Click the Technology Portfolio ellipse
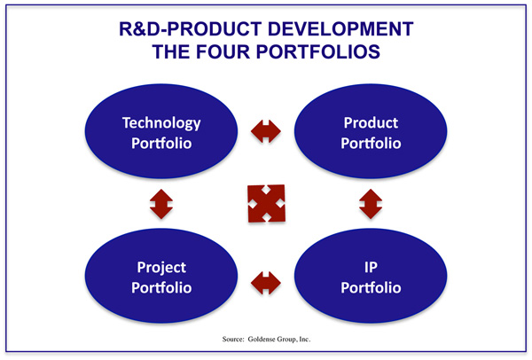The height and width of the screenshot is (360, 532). (161, 131)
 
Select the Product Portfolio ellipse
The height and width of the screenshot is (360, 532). (371, 131)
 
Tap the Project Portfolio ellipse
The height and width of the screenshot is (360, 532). (161, 276)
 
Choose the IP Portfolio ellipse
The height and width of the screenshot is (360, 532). (371, 276)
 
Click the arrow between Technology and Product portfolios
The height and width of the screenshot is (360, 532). (266, 131)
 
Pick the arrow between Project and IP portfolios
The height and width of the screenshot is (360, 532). (266, 283)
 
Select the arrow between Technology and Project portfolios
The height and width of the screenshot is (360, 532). (161, 204)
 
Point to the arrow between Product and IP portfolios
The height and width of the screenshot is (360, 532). (371, 204)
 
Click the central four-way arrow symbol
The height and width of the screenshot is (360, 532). (266, 204)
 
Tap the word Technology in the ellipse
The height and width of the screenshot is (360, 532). (161, 123)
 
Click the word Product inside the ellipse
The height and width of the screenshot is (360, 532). (371, 122)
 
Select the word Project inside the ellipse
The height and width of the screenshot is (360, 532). (161, 268)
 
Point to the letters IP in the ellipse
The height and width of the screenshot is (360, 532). (371, 268)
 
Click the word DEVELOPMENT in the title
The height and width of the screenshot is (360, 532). (340, 29)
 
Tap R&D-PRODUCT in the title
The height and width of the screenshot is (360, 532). (191, 29)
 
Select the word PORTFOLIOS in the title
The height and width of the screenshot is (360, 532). (318, 52)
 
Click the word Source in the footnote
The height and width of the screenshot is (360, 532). (233, 339)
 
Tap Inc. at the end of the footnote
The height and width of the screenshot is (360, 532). (305, 339)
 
